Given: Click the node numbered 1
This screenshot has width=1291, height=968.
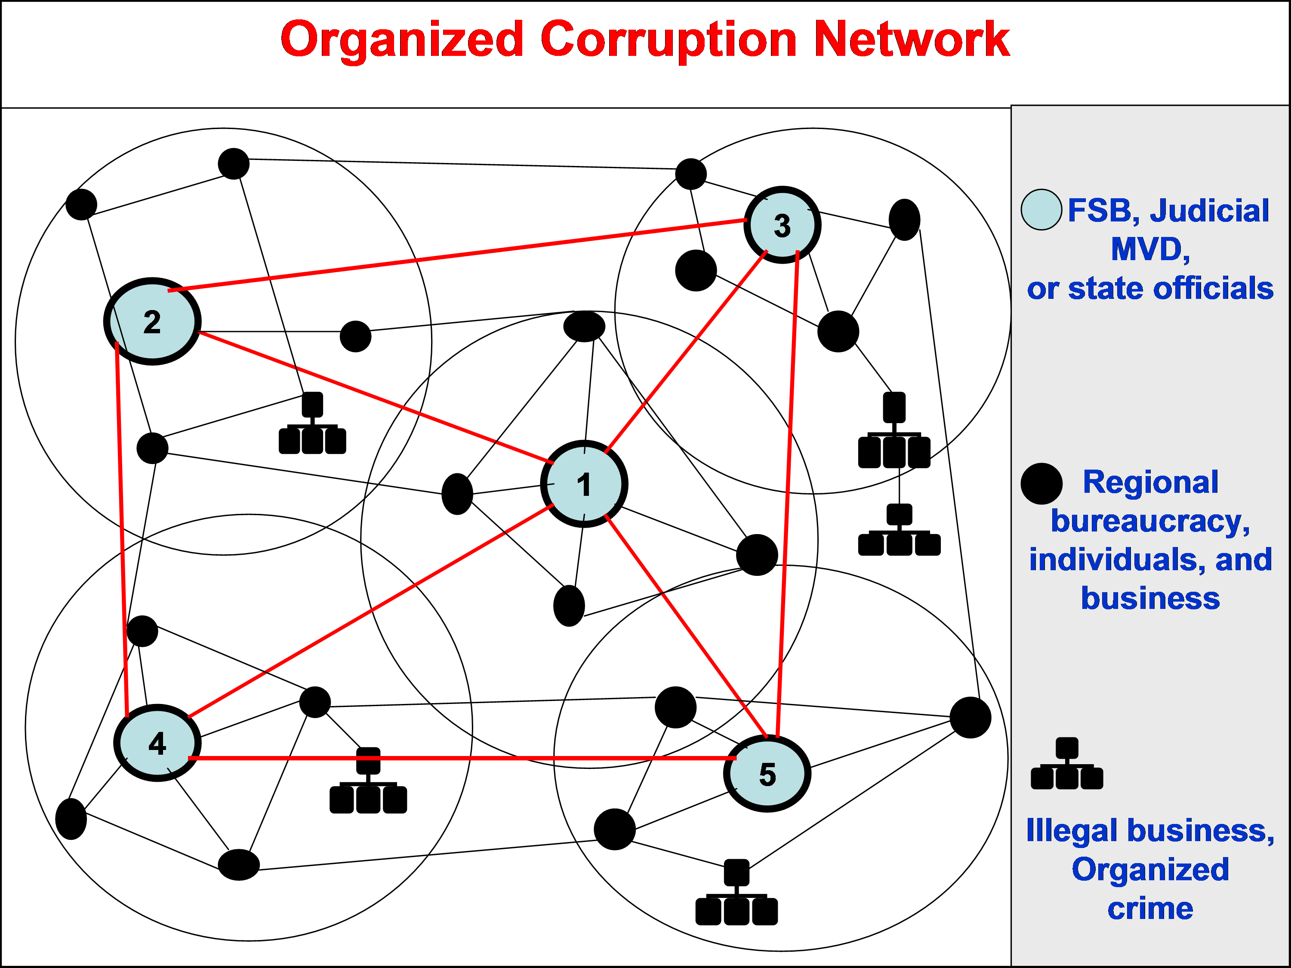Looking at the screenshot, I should [584, 484].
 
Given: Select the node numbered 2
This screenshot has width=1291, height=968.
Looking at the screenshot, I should [152, 322].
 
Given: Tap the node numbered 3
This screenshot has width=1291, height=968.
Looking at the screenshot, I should [782, 225].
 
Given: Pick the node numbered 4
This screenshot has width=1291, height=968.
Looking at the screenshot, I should [157, 743].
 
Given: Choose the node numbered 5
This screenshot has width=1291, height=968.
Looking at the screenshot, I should [767, 774].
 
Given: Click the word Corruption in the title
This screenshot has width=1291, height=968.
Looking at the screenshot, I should [668, 40].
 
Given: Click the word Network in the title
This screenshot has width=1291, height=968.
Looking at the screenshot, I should [911, 40].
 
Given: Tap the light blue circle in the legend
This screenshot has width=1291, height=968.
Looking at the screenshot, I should [1041, 209].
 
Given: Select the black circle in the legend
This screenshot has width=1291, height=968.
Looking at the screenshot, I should [1041, 484].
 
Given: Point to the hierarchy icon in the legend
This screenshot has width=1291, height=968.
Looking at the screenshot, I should [1067, 764].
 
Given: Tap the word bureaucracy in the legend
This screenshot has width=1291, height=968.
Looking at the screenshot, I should [1150, 521].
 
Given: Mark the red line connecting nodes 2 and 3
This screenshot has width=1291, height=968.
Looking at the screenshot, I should [455, 255].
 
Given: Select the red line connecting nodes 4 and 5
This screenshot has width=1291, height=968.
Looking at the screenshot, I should [461, 758].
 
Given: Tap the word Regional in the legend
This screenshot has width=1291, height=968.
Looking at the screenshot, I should [1150, 482].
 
